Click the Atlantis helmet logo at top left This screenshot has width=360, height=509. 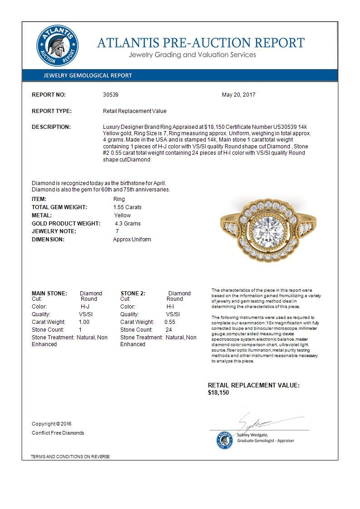tap(58, 46)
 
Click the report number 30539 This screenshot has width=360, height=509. tap(111, 95)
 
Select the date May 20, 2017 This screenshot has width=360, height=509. tap(238, 95)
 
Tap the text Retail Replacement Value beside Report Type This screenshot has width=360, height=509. tap(135, 111)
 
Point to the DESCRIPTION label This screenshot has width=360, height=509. tap(51, 127)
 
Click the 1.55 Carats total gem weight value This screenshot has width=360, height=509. tap(128, 207)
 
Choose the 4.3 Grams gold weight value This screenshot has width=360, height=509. tap(128, 224)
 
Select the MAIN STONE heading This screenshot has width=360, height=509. tap(49, 294)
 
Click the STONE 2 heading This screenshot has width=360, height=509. tap(133, 294)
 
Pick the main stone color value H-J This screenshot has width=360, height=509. tap(85, 307)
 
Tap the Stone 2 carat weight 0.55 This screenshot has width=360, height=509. tap(170, 322)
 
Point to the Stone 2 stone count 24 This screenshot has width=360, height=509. tap(169, 330)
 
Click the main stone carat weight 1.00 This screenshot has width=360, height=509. tap(84, 322)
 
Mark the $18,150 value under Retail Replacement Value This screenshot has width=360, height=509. tap(218, 393)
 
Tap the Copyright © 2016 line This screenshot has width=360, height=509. tap(52, 424)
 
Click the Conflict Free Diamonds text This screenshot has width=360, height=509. tap(58, 433)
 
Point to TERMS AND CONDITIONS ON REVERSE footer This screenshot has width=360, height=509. tap(70, 456)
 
